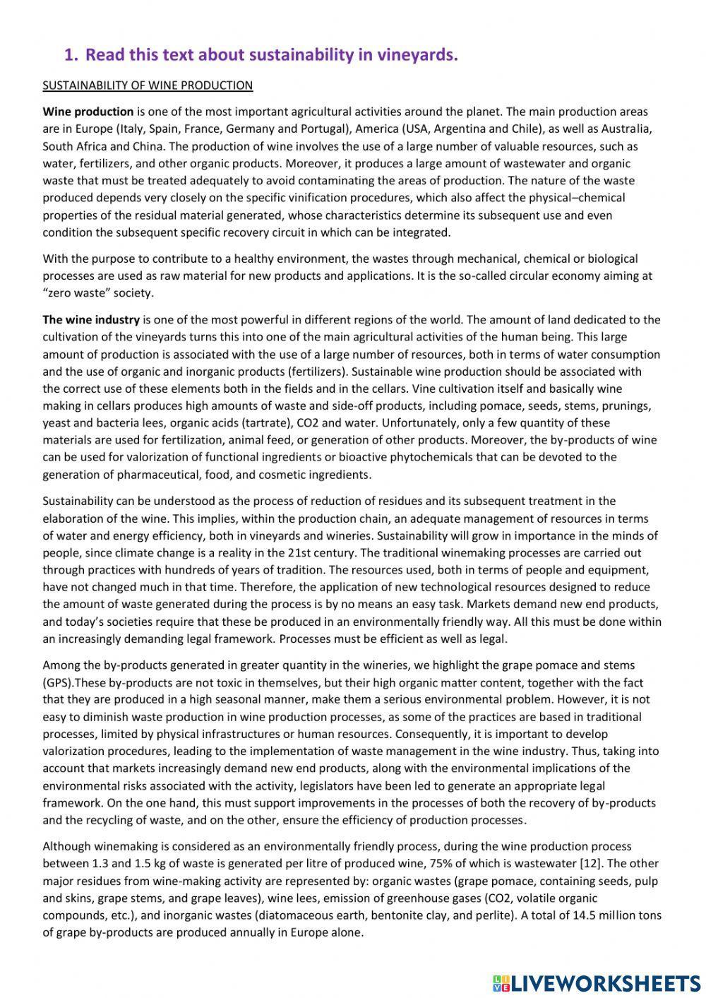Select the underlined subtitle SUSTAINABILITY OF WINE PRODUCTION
pos(148,85)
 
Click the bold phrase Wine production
pos(88,112)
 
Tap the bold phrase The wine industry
pos(91,320)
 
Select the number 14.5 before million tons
pos(585,915)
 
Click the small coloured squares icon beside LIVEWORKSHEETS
pos(501,982)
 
